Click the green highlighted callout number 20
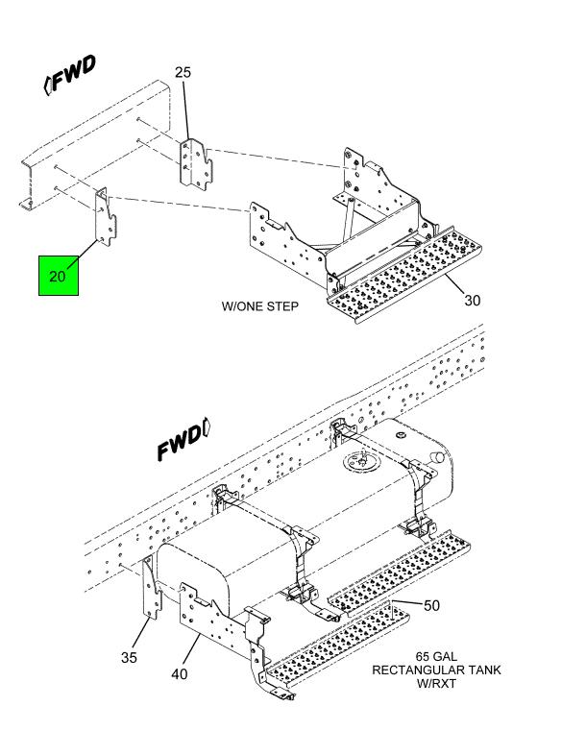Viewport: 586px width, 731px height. (58, 276)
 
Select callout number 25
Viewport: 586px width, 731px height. (183, 72)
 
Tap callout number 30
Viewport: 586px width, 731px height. (472, 301)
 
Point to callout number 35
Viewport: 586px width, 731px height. (129, 657)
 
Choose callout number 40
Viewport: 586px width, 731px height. (180, 673)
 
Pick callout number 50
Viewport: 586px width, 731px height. (431, 605)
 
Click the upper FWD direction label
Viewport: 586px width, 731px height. (70, 75)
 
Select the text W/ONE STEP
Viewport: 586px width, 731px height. (259, 306)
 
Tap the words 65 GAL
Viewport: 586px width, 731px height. (436, 656)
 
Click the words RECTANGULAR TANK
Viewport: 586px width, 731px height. (436, 670)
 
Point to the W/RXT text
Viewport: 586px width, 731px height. (436, 683)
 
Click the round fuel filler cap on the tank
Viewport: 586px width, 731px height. (361, 461)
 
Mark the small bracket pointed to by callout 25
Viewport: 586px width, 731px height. (195, 164)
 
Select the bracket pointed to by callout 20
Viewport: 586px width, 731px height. (106, 216)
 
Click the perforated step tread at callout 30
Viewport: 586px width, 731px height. (403, 275)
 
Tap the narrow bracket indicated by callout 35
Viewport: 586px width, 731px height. (151, 588)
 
